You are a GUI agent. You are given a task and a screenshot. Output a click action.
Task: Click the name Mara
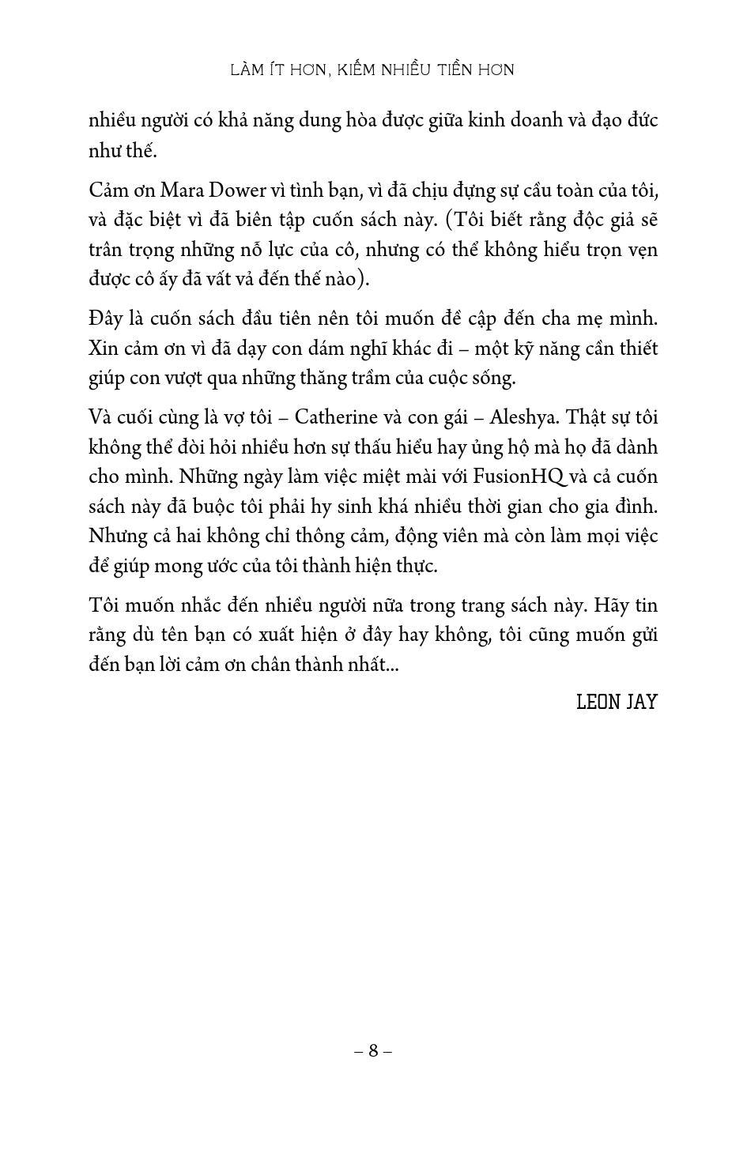coord(182,190)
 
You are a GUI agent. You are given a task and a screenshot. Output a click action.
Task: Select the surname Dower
coord(236,190)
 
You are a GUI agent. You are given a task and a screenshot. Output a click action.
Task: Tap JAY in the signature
coord(641,702)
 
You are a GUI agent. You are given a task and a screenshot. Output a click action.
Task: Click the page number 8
coord(373,1050)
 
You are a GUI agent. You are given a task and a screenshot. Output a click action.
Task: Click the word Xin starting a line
coord(102,348)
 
